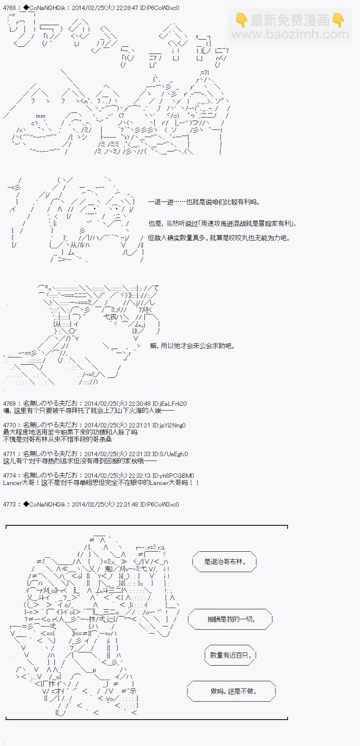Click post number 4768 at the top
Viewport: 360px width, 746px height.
tap(10, 8)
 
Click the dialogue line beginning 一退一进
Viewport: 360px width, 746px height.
tap(204, 202)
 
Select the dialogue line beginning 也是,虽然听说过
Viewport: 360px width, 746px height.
tap(222, 224)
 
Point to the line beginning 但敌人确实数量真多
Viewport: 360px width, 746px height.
tap(219, 238)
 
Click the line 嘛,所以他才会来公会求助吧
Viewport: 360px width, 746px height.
tap(192, 346)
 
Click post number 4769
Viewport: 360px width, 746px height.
tap(10, 404)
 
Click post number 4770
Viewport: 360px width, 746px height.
tap(10, 425)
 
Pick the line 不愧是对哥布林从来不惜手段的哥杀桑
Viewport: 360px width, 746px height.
tap(57, 439)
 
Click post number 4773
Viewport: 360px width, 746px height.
tap(10, 505)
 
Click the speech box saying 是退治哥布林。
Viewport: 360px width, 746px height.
tap(224, 562)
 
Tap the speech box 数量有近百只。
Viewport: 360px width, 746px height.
tap(230, 655)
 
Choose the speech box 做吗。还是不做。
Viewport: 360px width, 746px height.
tap(231, 691)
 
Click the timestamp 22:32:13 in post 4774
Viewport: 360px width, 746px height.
tap(139, 476)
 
